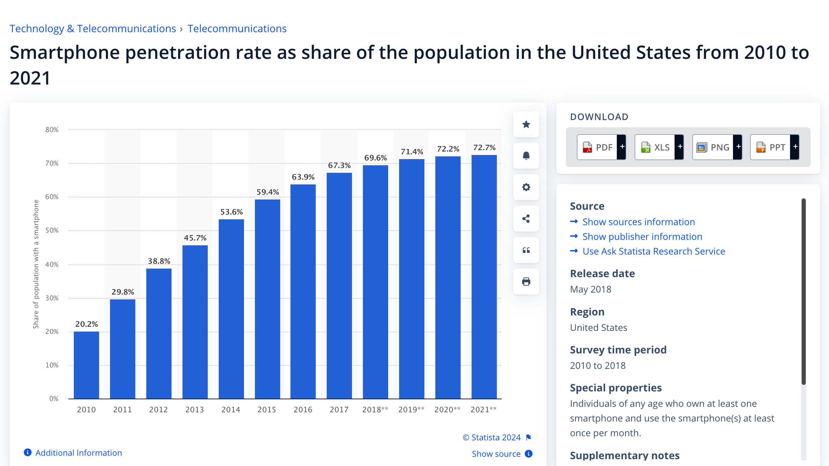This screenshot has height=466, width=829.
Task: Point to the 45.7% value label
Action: pos(195,238)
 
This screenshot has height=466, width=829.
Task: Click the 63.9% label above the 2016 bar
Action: pos(303,177)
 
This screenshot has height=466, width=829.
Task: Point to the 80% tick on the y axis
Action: pos(52,130)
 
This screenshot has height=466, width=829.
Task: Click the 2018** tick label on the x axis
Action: pos(375,410)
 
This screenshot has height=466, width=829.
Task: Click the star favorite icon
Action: pos(526,124)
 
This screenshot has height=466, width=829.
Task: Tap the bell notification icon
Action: pos(526,156)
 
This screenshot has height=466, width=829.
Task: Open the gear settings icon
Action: pos(526,187)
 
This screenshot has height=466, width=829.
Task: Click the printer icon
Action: pos(526,282)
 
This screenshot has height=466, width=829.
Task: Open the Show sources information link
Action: pos(638,222)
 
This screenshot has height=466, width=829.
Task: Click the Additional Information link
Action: pos(79,453)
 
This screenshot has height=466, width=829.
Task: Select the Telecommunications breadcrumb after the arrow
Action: pos(237,28)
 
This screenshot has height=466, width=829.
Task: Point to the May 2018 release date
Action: pos(590,289)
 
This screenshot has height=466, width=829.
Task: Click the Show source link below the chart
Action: pos(496,454)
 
